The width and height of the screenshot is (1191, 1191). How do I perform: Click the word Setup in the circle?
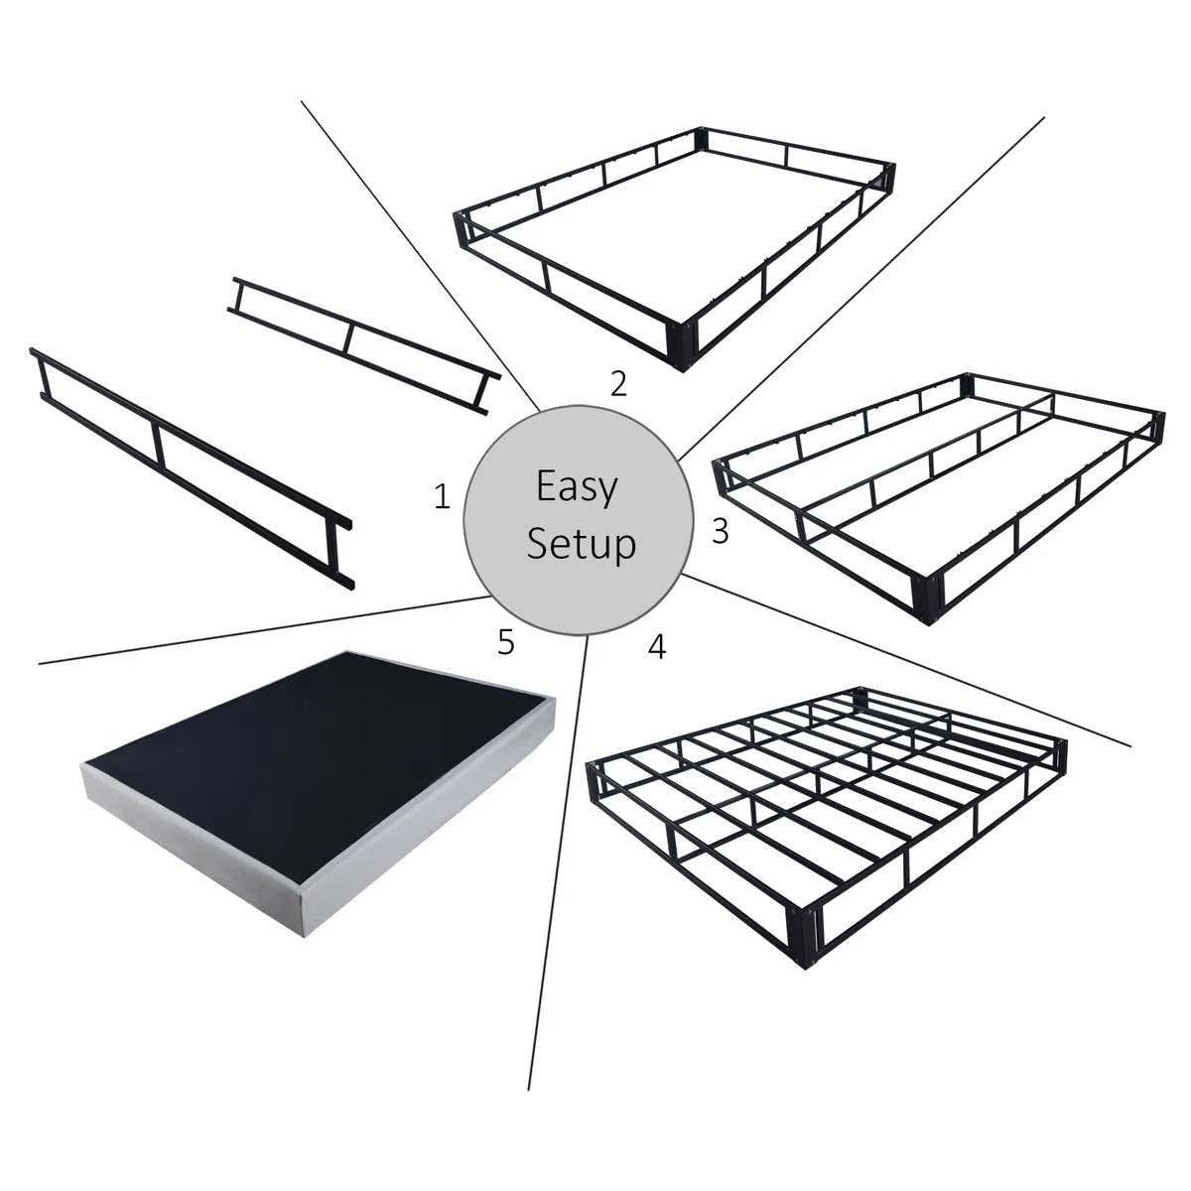[581, 544]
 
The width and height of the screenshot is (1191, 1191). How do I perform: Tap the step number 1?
[442, 496]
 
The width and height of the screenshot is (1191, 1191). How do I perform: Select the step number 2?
[618, 383]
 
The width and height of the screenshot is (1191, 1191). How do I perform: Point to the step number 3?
[721, 531]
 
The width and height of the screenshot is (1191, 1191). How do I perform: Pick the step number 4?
[656, 647]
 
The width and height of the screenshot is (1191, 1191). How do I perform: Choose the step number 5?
[506, 642]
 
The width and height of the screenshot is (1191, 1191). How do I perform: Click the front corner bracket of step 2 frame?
[683, 342]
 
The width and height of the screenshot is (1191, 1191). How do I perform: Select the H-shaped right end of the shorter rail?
[483, 392]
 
